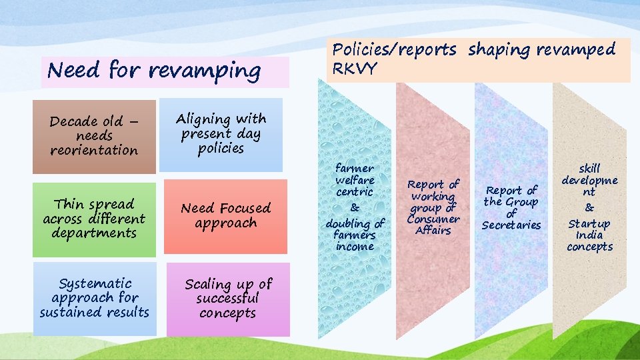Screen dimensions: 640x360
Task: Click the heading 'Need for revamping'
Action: [x=155, y=71]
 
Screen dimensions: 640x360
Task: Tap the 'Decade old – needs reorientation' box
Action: [x=94, y=136]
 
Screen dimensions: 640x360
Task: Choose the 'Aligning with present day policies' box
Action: [x=221, y=134]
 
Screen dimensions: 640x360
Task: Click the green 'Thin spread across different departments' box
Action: [x=94, y=219]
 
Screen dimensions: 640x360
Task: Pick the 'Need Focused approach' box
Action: [x=225, y=217]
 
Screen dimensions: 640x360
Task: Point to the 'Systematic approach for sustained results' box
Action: [x=94, y=298]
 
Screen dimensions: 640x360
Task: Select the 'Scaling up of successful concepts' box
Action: [x=227, y=299]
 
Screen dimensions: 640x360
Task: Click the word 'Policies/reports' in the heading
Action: [x=395, y=49]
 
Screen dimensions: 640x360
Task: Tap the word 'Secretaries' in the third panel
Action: [x=511, y=225]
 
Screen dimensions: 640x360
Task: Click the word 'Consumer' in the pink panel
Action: [x=433, y=219]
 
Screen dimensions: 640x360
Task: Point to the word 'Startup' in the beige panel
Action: [x=589, y=223]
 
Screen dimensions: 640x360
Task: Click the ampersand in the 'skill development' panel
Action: [x=589, y=208]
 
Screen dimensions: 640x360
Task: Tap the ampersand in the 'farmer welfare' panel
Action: [x=355, y=207]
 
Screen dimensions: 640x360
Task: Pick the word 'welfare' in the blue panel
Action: [x=355, y=180]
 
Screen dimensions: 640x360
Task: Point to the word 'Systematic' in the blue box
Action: [x=95, y=284]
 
